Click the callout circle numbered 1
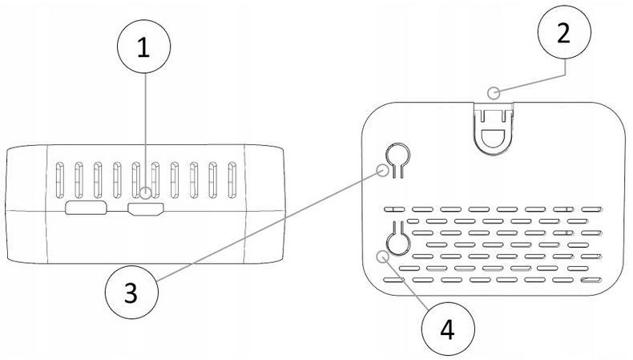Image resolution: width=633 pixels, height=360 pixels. [143, 47]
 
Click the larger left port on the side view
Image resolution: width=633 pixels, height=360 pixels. [87, 209]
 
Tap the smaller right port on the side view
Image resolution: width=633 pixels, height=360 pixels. [145, 210]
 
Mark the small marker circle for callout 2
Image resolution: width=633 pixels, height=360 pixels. [498, 92]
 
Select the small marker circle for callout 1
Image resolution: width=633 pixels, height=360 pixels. [143, 193]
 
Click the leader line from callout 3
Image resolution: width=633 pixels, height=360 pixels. [264, 229]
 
